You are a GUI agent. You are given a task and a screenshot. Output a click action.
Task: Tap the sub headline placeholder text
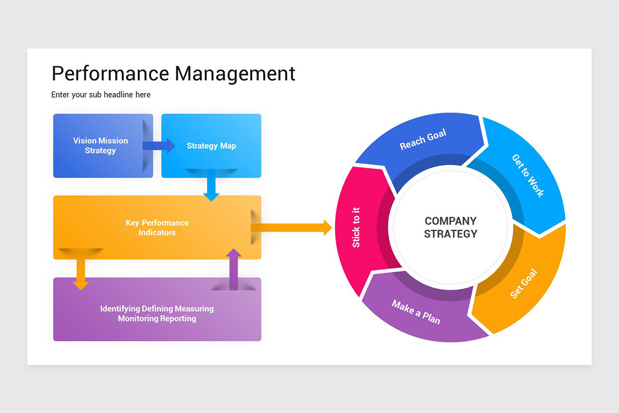(101, 94)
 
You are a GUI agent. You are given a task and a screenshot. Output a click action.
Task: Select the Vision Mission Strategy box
(100, 146)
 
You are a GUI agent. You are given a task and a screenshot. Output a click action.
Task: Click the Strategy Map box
(211, 146)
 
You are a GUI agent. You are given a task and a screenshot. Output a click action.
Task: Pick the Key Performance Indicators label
(157, 228)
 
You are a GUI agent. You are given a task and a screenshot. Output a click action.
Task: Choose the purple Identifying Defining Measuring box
(157, 310)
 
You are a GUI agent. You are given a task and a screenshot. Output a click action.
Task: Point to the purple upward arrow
(234, 268)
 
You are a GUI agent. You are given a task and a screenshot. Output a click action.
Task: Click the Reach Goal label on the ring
(422, 140)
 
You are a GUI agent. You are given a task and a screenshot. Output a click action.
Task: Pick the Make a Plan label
(416, 312)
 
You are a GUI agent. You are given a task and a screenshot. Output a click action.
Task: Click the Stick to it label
(356, 227)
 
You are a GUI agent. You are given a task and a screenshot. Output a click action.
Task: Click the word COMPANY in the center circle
(450, 221)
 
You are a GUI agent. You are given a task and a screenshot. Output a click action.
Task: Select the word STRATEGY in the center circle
(450, 234)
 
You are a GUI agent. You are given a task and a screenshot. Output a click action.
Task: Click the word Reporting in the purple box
(178, 319)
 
